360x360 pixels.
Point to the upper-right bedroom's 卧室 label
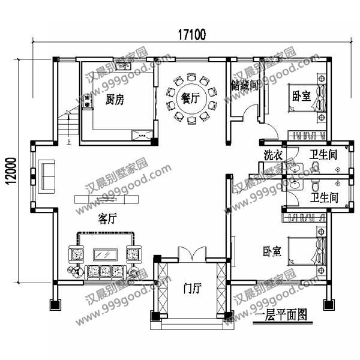pos(301,96)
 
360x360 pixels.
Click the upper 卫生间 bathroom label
pos(323,155)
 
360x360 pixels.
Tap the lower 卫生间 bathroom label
pos(323,197)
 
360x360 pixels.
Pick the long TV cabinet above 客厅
pos(104,199)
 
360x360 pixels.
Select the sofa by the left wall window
pos(46,175)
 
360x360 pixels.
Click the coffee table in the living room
pos(106,252)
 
